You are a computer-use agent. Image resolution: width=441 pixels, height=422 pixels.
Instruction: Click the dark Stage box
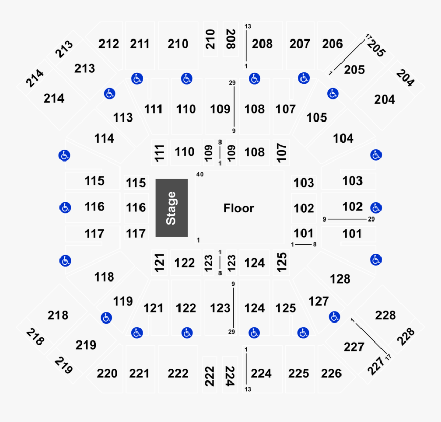[171, 208]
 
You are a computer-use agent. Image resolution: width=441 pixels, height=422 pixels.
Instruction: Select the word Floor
[238, 208]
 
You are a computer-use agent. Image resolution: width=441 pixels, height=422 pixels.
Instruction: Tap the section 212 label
[109, 44]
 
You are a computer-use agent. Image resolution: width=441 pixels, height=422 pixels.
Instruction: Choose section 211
[139, 44]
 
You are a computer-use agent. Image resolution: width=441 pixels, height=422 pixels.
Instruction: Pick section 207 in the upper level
[299, 44]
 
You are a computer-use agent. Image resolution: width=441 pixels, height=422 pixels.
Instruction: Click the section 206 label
[332, 44]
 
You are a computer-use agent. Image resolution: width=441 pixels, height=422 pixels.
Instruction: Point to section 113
[123, 118]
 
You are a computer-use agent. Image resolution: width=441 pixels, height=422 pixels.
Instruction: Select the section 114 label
[104, 139]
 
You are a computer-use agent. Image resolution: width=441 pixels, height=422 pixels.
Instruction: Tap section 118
[104, 277]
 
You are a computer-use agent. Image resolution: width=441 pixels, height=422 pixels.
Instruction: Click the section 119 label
[123, 302]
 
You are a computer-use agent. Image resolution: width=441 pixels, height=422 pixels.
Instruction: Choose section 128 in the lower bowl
[340, 279]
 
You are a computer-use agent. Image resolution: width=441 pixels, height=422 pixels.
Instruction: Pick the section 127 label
[318, 302]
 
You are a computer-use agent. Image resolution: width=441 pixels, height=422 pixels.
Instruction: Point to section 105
[316, 118]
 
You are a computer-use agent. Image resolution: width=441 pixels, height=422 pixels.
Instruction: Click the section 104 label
[343, 138]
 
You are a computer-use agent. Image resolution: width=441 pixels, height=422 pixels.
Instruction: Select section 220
[107, 373]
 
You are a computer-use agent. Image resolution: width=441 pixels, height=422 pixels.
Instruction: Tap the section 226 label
[331, 373]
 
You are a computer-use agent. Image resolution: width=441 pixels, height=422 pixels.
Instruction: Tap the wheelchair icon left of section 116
[65, 208]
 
